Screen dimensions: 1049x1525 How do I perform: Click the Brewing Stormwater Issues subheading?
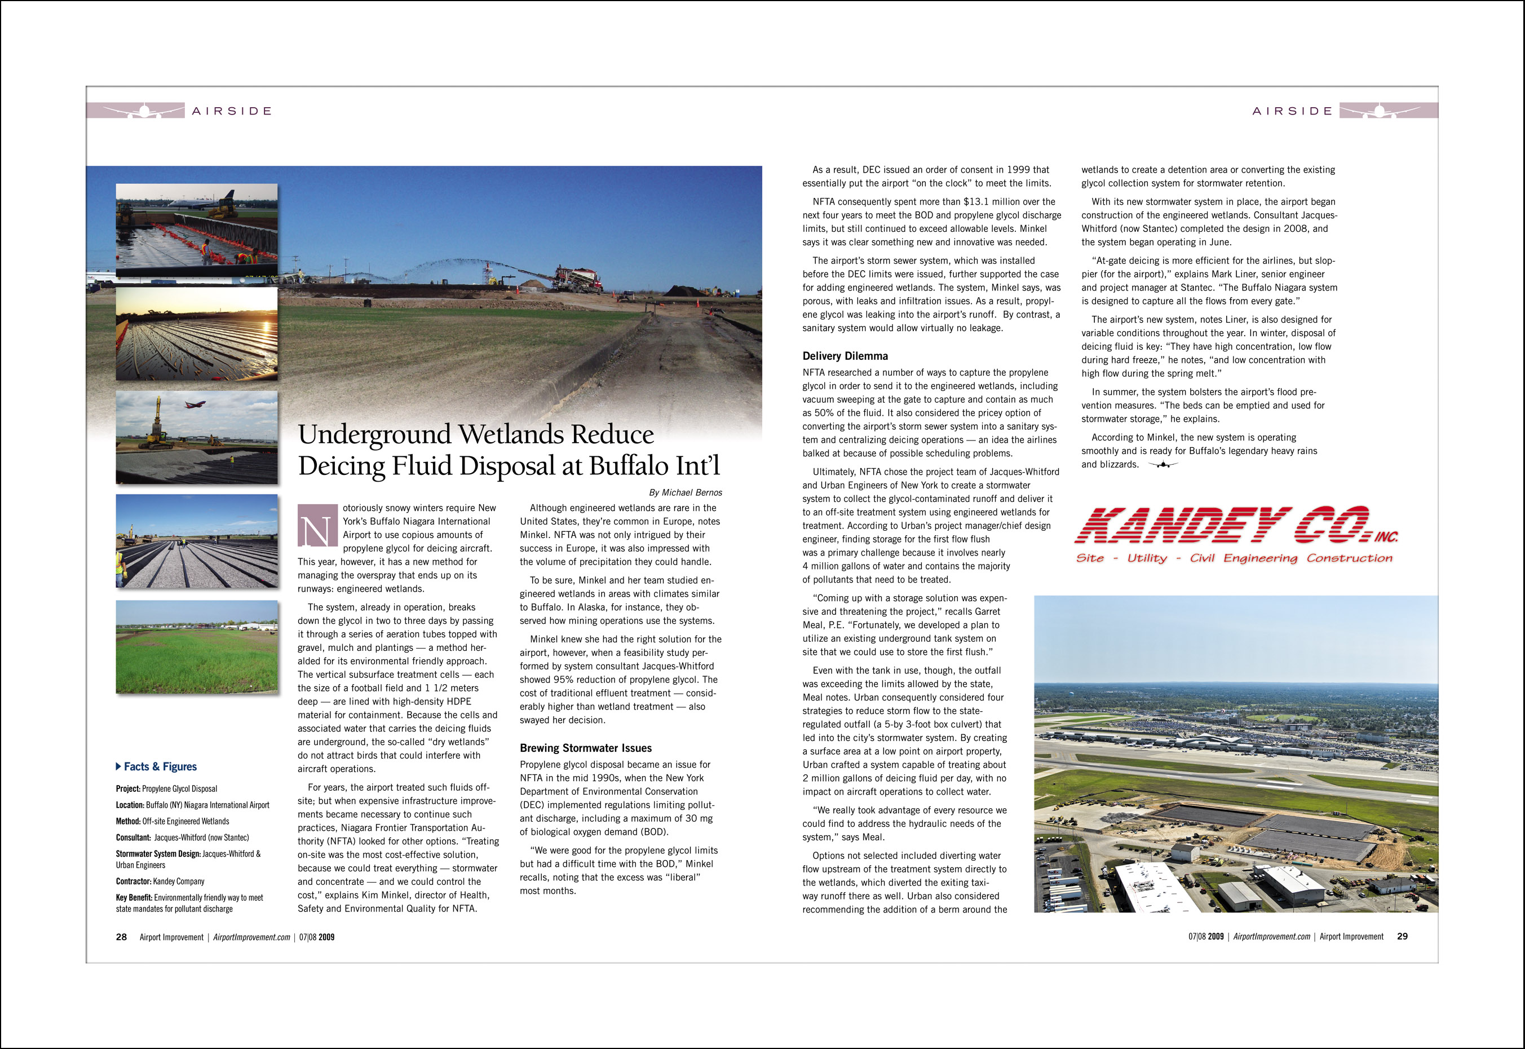pos(585,748)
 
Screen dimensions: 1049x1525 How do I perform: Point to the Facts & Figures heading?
pos(160,766)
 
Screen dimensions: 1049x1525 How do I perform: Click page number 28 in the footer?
pos(122,937)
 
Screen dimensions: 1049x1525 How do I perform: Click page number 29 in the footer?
pos(1402,937)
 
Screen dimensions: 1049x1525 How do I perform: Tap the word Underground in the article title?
pos(373,434)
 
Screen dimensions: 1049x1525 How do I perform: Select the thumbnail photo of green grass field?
pos(196,647)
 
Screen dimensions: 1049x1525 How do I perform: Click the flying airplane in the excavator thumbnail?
pos(195,405)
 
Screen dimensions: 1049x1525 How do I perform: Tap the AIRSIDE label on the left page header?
pos(231,111)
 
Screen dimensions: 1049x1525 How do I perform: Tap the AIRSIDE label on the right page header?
pos(1292,111)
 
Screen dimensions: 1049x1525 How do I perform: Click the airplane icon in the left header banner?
pos(144,111)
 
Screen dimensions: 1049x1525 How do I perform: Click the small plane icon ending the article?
pos(1162,465)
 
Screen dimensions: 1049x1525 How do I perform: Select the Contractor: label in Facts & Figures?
pos(134,881)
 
